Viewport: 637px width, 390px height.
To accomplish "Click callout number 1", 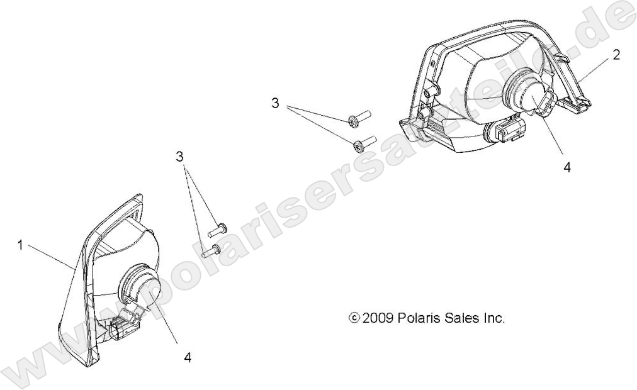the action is tap(20, 245).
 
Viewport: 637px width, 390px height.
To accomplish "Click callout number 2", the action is tap(616, 55).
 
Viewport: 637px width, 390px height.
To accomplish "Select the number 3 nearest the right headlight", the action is tap(276, 104).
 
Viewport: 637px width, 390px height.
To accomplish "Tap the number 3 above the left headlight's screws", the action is tap(179, 156).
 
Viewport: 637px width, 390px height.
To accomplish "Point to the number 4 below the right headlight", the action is tap(567, 167).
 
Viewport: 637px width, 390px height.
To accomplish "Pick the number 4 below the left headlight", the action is tap(188, 357).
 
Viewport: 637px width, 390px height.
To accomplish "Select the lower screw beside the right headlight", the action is tap(365, 143).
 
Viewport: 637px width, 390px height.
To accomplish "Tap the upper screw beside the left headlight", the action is tap(217, 230).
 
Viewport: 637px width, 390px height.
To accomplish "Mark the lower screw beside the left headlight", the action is tap(211, 252).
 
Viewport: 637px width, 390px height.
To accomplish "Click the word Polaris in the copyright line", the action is tap(417, 318).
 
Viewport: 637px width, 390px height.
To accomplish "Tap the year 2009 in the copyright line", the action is tap(377, 318).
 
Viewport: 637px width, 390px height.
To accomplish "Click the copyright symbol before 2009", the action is tap(354, 318).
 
